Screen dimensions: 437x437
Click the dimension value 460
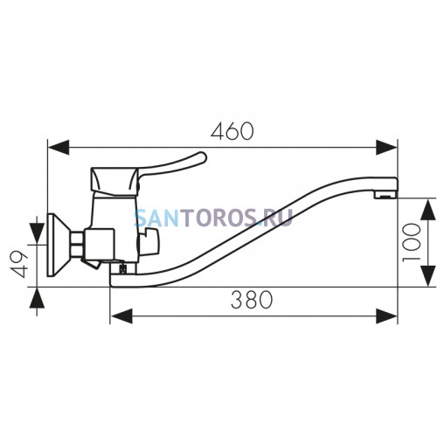232,131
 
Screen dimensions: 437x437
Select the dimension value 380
252,300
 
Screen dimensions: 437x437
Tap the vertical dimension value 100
412,242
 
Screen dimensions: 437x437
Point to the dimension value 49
19,264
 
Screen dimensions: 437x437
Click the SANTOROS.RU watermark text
213,218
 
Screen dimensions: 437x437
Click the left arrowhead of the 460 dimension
59,148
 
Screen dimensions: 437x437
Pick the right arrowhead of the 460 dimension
386,148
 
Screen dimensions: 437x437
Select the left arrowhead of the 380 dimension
121,316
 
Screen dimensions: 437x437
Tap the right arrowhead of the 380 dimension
386,316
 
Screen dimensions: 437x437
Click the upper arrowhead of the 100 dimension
428,210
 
